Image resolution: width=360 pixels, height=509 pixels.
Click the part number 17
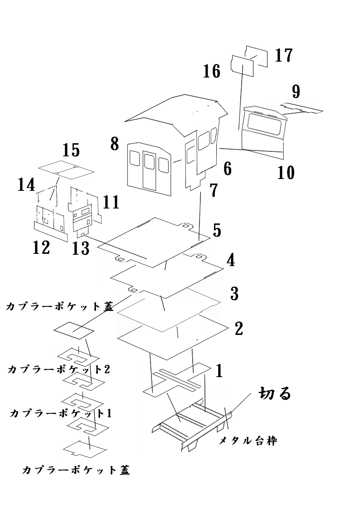point(283,56)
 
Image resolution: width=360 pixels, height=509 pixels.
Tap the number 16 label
point(212,72)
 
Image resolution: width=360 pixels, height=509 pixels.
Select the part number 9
point(296,92)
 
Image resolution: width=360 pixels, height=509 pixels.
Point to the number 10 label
point(286,173)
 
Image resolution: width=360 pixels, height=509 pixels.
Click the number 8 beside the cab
point(114,144)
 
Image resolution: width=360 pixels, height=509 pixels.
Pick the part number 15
point(71,150)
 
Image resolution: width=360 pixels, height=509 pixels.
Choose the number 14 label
point(26,185)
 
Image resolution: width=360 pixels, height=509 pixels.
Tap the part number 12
point(41,247)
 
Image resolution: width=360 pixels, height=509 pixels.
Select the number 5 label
point(217,230)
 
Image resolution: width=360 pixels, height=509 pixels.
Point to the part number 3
point(234,294)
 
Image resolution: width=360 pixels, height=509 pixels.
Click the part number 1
point(219,371)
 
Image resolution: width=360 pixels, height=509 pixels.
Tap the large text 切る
point(274,393)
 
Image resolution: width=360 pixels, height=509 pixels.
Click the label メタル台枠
point(248,440)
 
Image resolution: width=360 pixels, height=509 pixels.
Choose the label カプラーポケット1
point(60,413)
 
